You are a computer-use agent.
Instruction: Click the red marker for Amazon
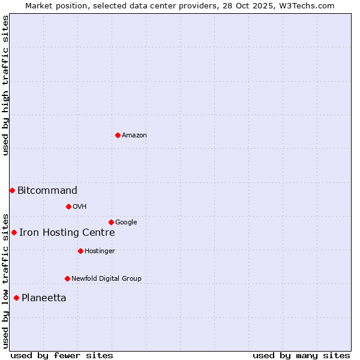(118, 135)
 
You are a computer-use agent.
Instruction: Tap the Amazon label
(134, 136)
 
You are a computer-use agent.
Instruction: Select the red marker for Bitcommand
(12, 190)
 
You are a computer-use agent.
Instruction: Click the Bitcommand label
(47, 191)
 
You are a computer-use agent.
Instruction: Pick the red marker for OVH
(68, 206)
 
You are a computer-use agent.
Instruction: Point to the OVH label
(80, 207)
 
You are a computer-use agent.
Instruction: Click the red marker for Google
(111, 222)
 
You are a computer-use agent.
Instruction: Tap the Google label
(126, 223)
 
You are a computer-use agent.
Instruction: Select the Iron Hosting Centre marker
(14, 232)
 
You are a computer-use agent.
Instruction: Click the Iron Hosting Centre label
(67, 233)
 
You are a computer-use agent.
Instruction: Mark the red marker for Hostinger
(80, 251)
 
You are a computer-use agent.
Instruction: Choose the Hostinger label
(100, 251)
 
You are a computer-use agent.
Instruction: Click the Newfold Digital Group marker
(67, 278)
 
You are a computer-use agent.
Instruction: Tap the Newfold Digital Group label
(106, 279)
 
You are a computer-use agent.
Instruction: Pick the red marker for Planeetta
(16, 298)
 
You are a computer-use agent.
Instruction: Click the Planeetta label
(44, 298)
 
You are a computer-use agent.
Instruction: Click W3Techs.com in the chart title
(310, 6)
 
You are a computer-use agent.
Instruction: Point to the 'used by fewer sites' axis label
(62, 355)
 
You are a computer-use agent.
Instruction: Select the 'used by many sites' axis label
(301, 355)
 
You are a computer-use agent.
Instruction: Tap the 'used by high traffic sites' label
(6, 85)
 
